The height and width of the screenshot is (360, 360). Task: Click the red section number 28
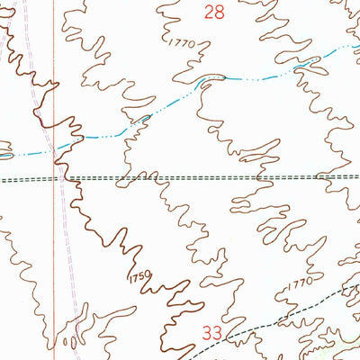point(213,12)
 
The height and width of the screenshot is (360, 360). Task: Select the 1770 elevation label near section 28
point(180,41)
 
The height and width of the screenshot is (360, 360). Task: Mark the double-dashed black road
point(225,177)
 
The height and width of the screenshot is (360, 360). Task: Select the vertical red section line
point(54,252)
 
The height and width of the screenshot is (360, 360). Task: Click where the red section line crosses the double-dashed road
point(54,178)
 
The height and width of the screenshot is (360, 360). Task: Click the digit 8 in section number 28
point(219,12)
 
